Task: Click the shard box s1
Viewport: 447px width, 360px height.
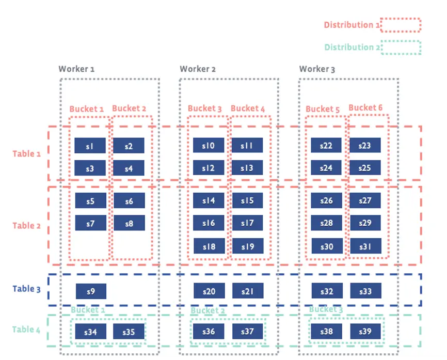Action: pos(90,146)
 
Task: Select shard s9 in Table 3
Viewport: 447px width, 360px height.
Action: pos(91,291)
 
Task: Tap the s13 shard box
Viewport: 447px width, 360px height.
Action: pos(247,168)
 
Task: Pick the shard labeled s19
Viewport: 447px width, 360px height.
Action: pos(247,247)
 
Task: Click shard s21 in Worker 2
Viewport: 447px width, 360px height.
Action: pos(247,291)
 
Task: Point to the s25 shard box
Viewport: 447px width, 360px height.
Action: pos(365,168)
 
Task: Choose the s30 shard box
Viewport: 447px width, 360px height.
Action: pos(326,247)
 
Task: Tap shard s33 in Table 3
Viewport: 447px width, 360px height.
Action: pos(365,291)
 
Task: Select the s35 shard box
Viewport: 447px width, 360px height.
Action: pos(129,332)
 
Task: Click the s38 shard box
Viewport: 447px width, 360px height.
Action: pos(326,332)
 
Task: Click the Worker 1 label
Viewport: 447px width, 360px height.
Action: pos(76,69)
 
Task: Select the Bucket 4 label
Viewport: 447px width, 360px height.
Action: pos(248,108)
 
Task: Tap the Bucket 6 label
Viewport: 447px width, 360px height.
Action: pos(365,107)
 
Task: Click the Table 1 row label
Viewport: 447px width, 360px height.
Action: pos(27,153)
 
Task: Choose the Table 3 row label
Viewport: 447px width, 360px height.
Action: pos(27,289)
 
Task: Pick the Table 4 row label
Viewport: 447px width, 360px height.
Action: pos(27,330)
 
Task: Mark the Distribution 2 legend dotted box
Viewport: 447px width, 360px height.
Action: pos(402,48)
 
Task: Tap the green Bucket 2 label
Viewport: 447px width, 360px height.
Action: pos(208,311)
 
